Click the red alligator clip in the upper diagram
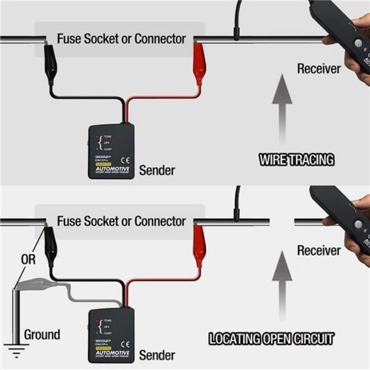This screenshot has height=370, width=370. (x=198, y=64)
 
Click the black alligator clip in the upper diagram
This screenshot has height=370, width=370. (x=49, y=64)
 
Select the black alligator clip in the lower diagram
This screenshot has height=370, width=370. (x=50, y=246)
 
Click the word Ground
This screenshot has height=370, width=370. (x=42, y=334)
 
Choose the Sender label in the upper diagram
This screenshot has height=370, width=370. (x=156, y=170)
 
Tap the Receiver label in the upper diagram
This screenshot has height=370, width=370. (x=318, y=68)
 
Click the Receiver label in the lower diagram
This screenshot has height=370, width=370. (x=318, y=251)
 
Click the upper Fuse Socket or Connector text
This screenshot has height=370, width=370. (x=121, y=38)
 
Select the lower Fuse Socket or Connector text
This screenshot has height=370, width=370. (x=121, y=221)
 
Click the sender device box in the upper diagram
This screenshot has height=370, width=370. (x=111, y=151)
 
